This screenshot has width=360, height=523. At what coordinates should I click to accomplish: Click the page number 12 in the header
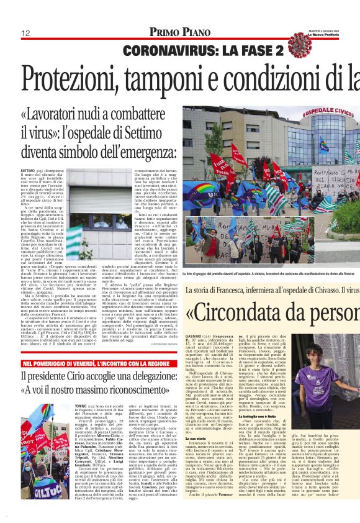[x=26, y=32]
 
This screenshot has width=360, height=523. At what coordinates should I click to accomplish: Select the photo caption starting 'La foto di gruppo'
[x=267, y=273]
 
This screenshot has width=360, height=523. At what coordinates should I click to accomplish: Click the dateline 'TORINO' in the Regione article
[x=80, y=404]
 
